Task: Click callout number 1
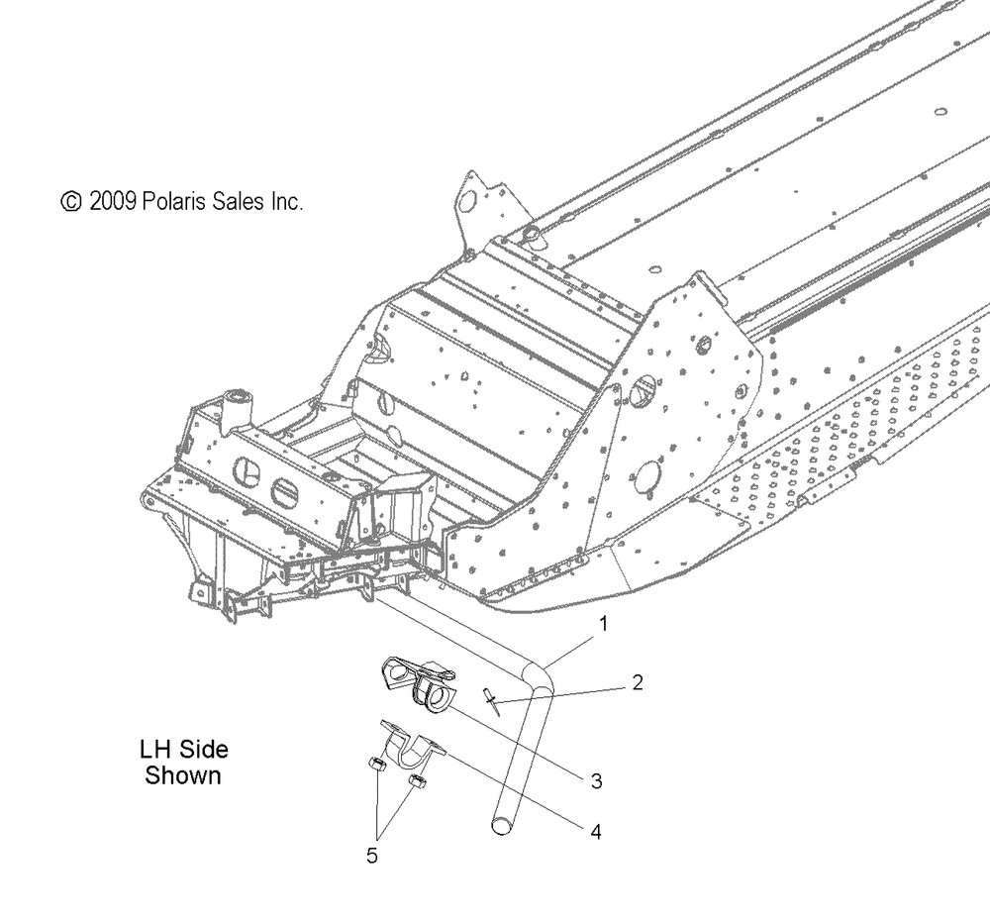pyautogui.click(x=603, y=624)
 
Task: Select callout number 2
pyautogui.click(x=637, y=682)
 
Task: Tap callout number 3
pyautogui.click(x=596, y=781)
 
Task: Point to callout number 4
pyautogui.click(x=595, y=832)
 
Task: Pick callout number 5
pyautogui.click(x=372, y=856)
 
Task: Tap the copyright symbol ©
pyautogui.click(x=71, y=202)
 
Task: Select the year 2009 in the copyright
pyautogui.click(x=113, y=201)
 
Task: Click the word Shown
pyautogui.click(x=182, y=775)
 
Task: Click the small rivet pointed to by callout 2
pyautogui.click(x=492, y=701)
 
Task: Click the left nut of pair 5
pyautogui.click(x=376, y=765)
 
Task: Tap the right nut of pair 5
pyautogui.click(x=416, y=781)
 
